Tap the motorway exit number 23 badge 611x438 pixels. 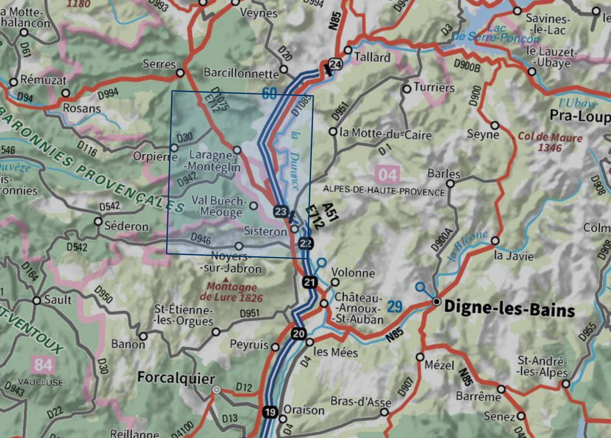(x=281, y=211)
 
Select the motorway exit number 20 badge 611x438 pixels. (x=298, y=334)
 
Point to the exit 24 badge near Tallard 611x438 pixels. (x=336, y=64)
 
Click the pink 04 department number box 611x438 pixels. (x=387, y=175)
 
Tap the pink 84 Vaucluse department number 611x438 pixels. (x=43, y=364)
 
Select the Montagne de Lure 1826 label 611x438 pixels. (x=231, y=292)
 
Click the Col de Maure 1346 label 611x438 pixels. (x=550, y=142)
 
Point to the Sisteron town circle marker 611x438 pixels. (x=295, y=229)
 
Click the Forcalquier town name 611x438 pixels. (x=176, y=378)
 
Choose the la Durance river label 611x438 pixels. (x=296, y=161)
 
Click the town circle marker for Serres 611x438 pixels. (x=180, y=73)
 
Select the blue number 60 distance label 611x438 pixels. (x=269, y=93)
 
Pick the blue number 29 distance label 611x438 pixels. (x=394, y=307)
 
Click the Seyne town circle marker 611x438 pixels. (x=495, y=125)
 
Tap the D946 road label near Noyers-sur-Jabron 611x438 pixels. (x=200, y=239)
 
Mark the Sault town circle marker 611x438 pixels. (x=37, y=301)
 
